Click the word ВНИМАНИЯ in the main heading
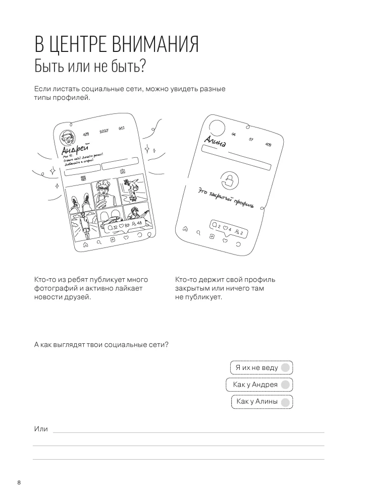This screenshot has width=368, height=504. (147, 45)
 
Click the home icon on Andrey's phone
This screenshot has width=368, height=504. (86, 243)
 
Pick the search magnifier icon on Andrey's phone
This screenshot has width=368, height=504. (99, 242)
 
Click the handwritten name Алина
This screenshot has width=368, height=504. (215, 142)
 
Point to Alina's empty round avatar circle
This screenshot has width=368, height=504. (218, 128)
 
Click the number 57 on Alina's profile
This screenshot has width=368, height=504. (251, 139)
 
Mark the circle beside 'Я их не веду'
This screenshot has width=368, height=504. (285, 367)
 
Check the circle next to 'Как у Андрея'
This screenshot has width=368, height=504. (285, 385)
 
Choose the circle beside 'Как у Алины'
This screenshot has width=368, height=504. (285, 402)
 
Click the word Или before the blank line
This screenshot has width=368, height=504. (41, 429)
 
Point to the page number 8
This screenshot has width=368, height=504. (19, 483)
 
